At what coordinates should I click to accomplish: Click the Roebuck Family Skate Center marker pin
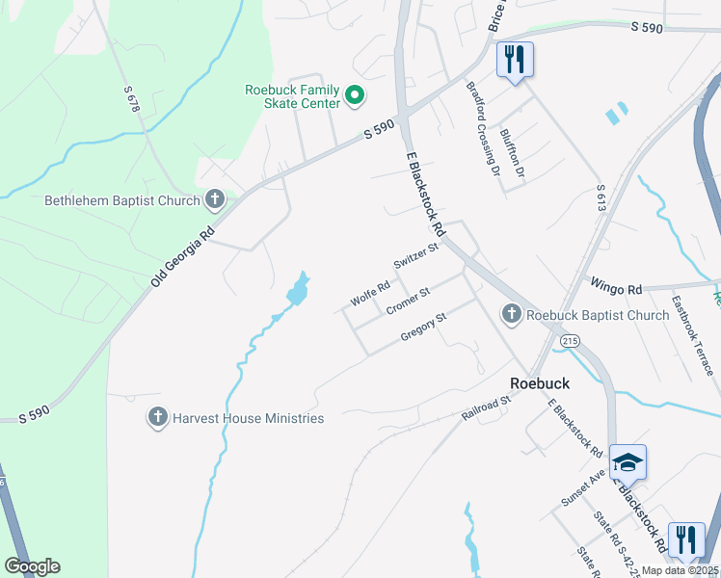355,95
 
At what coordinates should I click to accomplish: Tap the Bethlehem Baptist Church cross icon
214,200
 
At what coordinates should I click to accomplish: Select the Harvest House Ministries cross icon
157,418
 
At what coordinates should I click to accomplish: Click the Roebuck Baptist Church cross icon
511,314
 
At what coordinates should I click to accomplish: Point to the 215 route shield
570,340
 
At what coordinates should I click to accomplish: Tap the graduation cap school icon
628,463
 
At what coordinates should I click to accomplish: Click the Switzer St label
415,256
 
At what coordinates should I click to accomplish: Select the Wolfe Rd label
370,293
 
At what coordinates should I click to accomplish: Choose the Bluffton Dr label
512,153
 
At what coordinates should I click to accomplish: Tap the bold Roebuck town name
540,382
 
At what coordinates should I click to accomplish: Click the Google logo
32,566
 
